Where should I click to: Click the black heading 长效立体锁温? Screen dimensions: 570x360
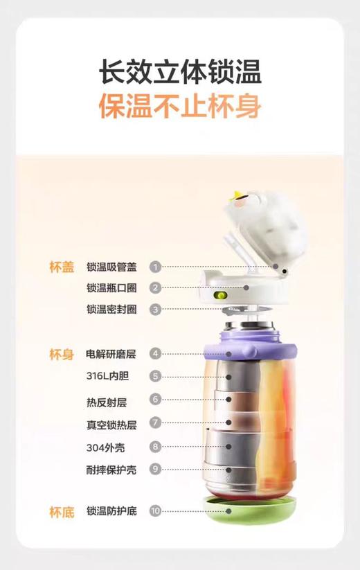point(180,72)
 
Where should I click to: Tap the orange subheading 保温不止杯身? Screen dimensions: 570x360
point(180,107)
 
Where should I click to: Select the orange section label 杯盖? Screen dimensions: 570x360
point(61,268)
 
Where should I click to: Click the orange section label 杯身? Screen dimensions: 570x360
point(61,355)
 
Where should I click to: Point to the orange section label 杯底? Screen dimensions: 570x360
point(61,513)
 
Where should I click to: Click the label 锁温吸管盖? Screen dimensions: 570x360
point(111,267)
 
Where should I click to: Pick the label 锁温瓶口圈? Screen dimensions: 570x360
point(111,288)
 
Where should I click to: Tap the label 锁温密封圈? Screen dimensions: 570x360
point(111,310)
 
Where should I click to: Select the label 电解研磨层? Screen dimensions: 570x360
point(111,355)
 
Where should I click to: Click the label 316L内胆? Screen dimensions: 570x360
point(108,376)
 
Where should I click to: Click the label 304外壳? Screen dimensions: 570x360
point(106,447)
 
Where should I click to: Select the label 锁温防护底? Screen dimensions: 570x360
point(111,512)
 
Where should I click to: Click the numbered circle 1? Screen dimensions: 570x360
point(156,267)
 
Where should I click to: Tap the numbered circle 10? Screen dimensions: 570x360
point(156,512)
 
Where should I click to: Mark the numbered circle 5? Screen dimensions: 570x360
point(156,376)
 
